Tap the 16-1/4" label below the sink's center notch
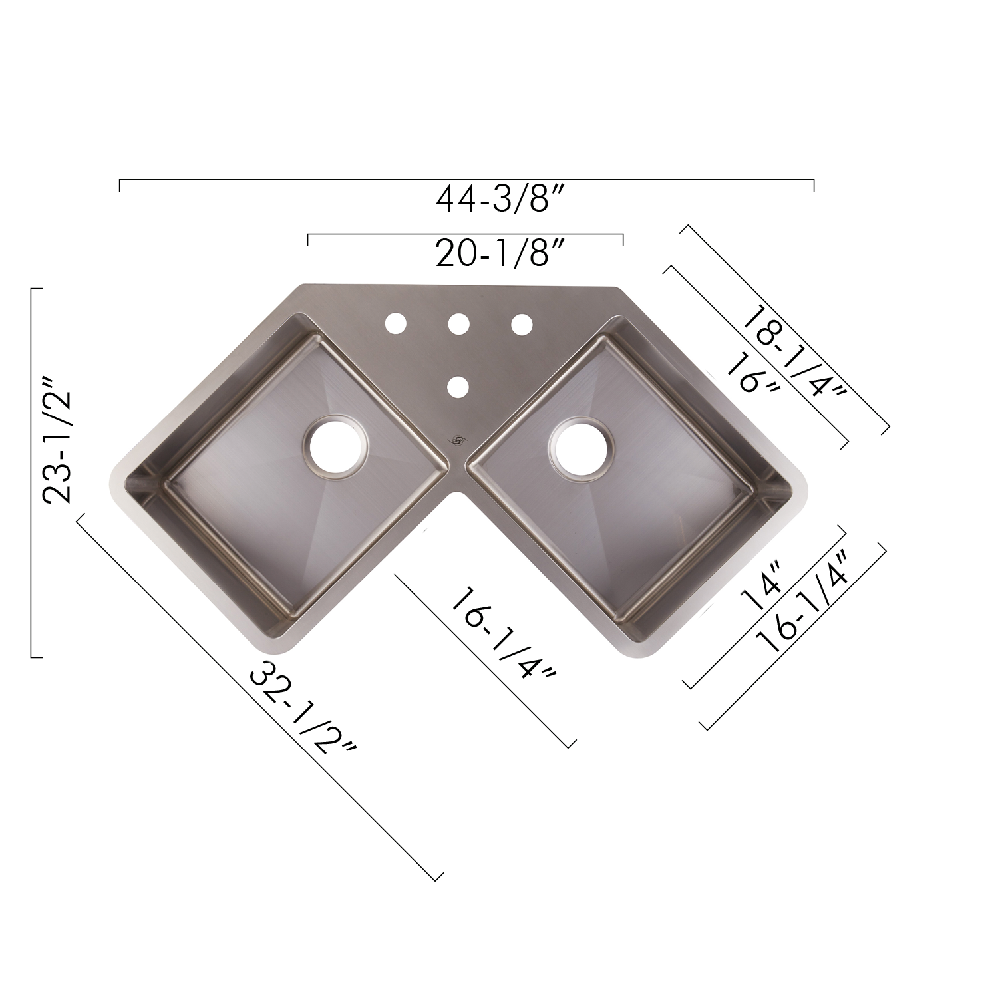[503, 633]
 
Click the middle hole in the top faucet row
[458, 323]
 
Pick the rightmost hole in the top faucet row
[522, 323]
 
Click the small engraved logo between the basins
[458, 440]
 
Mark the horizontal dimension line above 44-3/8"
[466, 180]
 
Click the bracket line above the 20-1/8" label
[466, 234]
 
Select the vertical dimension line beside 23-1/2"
[32, 472]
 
